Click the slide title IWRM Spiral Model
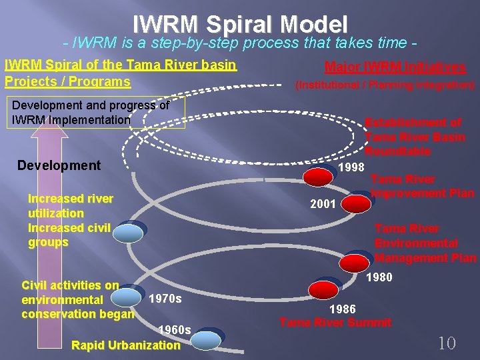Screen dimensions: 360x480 [x=240, y=25]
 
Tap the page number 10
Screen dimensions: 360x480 [x=446, y=343]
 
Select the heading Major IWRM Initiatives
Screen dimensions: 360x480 [x=395, y=67]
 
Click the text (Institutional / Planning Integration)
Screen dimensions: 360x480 [x=385, y=85]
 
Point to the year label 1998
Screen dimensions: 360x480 [x=351, y=167]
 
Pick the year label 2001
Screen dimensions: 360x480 [x=323, y=204]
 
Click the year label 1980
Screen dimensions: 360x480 [x=379, y=277]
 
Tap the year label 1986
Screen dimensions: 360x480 [x=343, y=309]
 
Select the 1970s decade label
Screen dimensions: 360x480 [x=165, y=299]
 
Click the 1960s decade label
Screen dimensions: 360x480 [x=175, y=330]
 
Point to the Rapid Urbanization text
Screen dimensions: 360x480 [x=125, y=345]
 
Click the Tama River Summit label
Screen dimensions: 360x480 [x=335, y=323]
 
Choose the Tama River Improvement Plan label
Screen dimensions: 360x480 [x=422, y=186]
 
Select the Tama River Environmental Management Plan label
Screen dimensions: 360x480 [x=425, y=243]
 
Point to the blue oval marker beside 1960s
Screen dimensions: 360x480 [x=211, y=337]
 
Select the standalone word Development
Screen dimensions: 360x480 [x=59, y=165]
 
